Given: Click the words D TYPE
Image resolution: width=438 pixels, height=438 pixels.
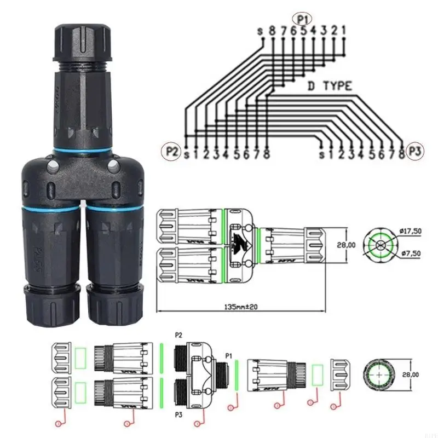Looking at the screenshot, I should pyautogui.click(x=328, y=86).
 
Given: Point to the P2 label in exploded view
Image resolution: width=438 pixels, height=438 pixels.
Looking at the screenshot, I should pyautogui.click(x=178, y=335).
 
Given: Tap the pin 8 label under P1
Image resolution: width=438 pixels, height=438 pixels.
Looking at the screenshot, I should pyautogui.click(x=272, y=31).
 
